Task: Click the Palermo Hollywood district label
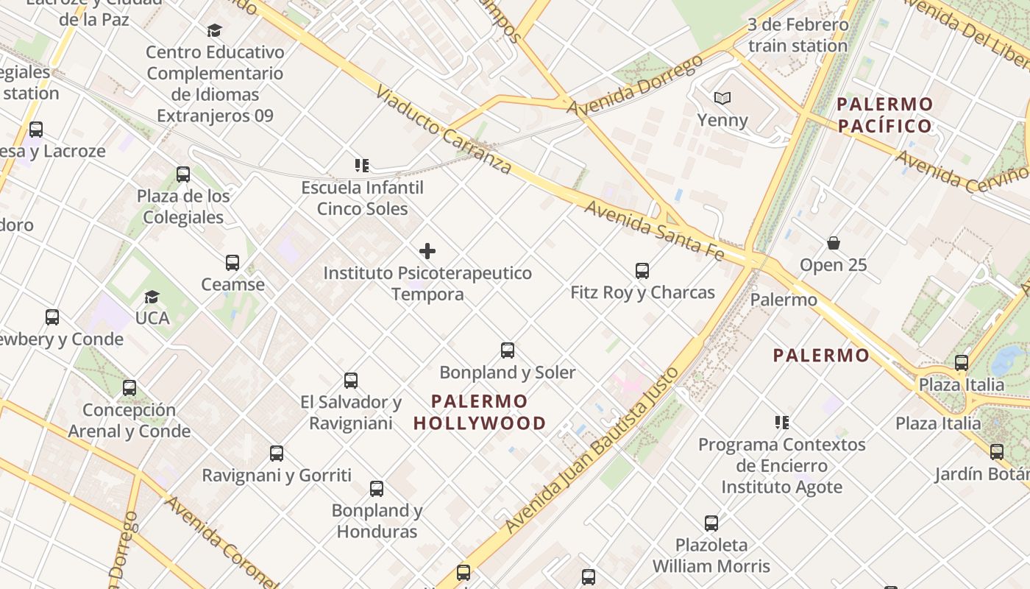480,412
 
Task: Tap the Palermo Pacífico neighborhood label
885,115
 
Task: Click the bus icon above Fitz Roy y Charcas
642,271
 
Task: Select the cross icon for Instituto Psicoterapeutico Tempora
427,252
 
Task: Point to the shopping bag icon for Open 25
834,243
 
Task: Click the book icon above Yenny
722,98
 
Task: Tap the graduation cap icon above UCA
152,297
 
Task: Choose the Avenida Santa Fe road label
654,230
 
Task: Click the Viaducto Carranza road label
443,130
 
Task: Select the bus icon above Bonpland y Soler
508,350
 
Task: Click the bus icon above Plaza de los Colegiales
183,174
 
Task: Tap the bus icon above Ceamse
232,263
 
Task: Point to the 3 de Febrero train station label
798,35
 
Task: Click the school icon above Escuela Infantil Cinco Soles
362,166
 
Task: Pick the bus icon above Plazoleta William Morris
711,523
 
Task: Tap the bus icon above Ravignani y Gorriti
277,454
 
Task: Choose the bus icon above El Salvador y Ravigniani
351,381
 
